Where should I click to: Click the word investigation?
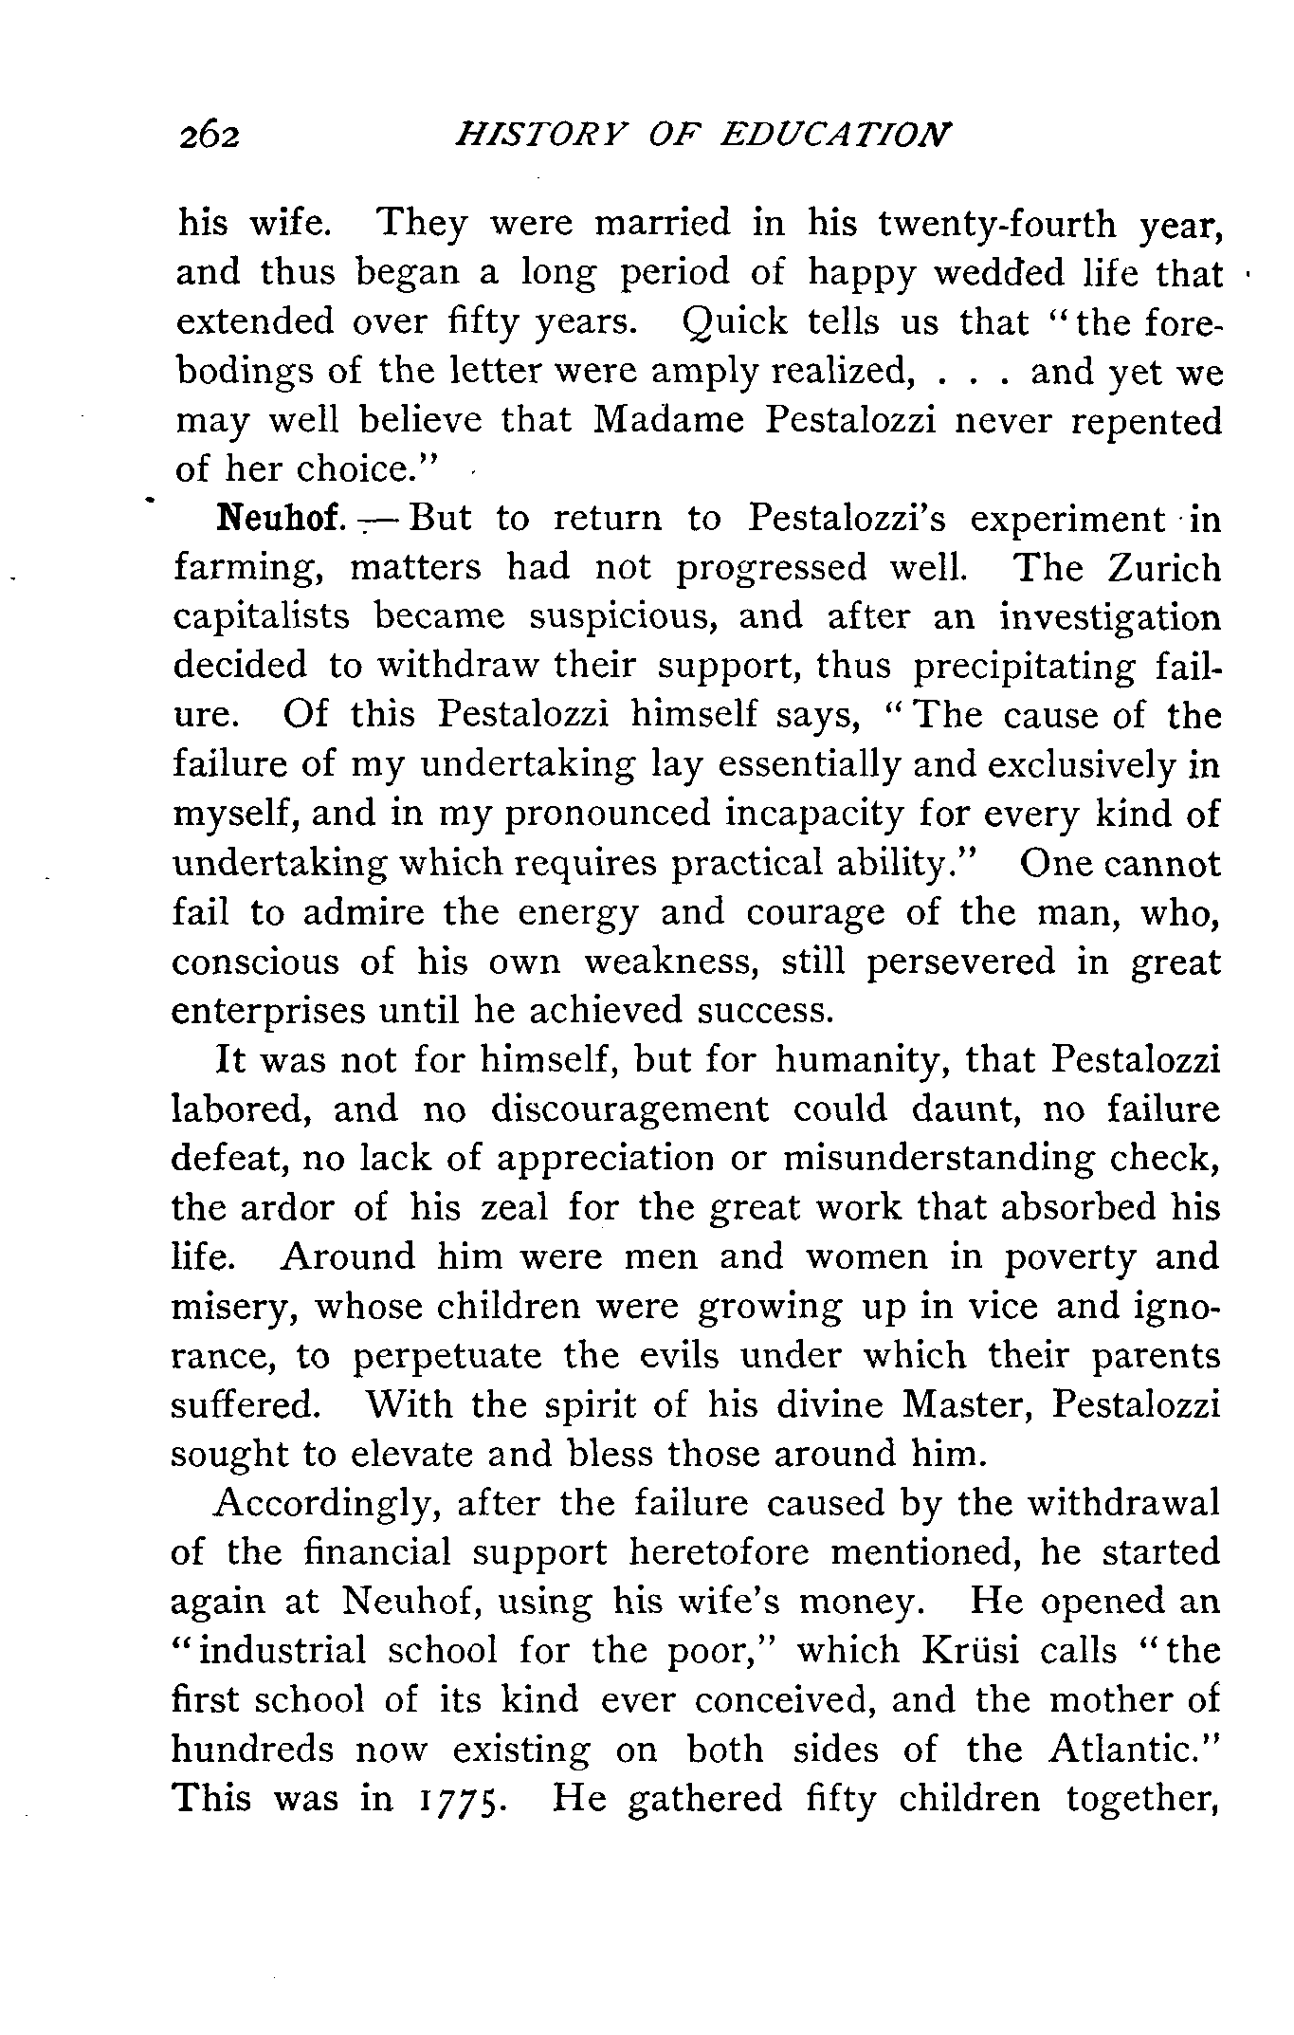(x=1110, y=617)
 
